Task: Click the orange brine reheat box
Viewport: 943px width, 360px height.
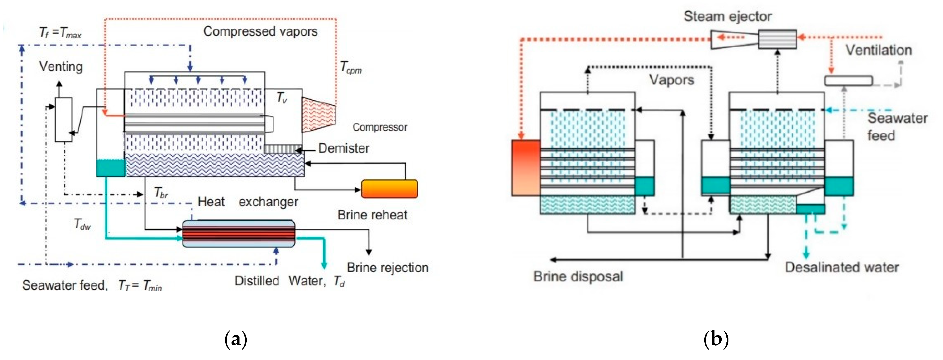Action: pyautogui.click(x=389, y=189)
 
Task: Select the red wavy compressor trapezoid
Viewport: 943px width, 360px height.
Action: pyautogui.click(x=318, y=115)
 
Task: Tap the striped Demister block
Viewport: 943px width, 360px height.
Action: pyautogui.click(x=281, y=148)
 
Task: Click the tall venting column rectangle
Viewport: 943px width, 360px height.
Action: pyautogui.click(x=63, y=119)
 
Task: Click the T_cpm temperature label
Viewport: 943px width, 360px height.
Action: pyautogui.click(x=351, y=68)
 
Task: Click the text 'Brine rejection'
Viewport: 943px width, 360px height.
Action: pyautogui.click(x=387, y=268)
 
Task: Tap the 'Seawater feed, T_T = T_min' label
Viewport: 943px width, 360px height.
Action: pyautogui.click(x=91, y=285)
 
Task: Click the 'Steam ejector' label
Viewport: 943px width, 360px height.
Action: pyautogui.click(x=727, y=16)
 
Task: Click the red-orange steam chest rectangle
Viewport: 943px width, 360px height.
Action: pyautogui.click(x=526, y=168)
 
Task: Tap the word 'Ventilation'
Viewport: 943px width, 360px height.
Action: pyautogui.click(x=878, y=50)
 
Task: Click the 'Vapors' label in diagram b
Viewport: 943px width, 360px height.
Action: pyautogui.click(x=671, y=80)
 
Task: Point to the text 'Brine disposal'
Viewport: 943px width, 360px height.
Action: pyautogui.click(x=578, y=276)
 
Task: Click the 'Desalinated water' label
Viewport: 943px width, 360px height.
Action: pyautogui.click(x=842, y=267)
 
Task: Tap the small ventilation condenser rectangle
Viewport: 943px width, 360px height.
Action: pyautogui.click(x=848, y=81)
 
